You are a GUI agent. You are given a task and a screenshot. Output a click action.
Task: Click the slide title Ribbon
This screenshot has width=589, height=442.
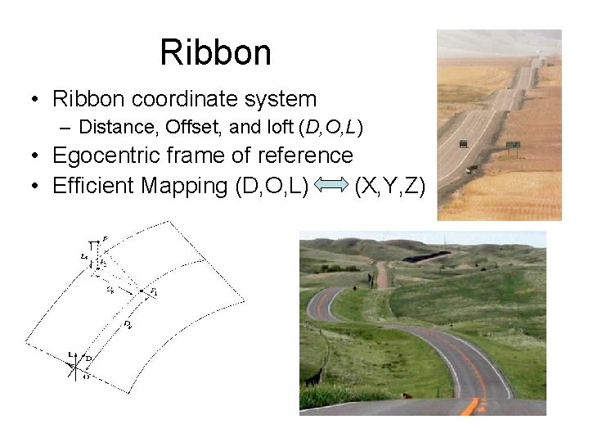click(x=215, y=52)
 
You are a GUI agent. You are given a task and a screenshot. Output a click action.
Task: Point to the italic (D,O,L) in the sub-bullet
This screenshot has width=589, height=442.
click(x=331, y=128)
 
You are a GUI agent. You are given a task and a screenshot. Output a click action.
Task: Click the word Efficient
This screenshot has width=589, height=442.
click(x=93, y=186)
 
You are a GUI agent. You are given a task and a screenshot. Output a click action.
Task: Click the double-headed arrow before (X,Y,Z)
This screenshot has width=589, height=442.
click(x=331, y=187)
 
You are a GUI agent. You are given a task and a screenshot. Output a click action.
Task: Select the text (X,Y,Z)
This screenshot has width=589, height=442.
click(x=389, y=187)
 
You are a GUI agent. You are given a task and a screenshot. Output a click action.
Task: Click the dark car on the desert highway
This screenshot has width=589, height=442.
click(x=463, y=143)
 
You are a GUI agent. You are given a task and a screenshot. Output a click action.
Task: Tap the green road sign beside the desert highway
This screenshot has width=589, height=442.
click(x=514, y=145)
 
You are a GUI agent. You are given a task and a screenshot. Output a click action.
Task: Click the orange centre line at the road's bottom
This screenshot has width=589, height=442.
click(x=473, y=405)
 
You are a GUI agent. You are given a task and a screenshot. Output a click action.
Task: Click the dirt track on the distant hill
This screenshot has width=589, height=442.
click(x=381, y=273)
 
